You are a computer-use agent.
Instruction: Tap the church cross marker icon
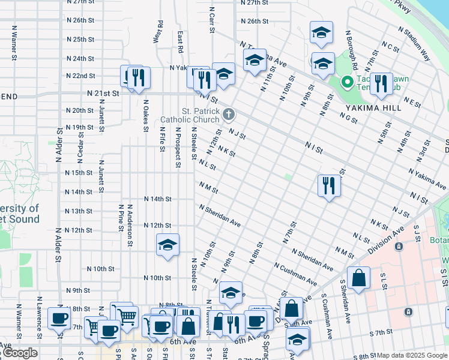tap(228, 114)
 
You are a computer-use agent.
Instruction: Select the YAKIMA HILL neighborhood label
tap(369, 108)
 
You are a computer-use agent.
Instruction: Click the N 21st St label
tap(103, 94)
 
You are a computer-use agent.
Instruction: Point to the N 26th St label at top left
tap(80, 20)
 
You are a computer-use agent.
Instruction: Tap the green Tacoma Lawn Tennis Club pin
tap(346, 82)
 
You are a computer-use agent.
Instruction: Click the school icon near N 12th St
tap(167, 244)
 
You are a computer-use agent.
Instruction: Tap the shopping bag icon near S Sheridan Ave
tap(358, 278)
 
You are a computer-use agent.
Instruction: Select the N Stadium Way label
tap(415, 44)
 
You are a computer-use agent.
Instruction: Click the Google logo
tap(19, 353)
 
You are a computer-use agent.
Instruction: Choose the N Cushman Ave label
tap(295, 274)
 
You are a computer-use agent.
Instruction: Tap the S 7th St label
tap(381, 332)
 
